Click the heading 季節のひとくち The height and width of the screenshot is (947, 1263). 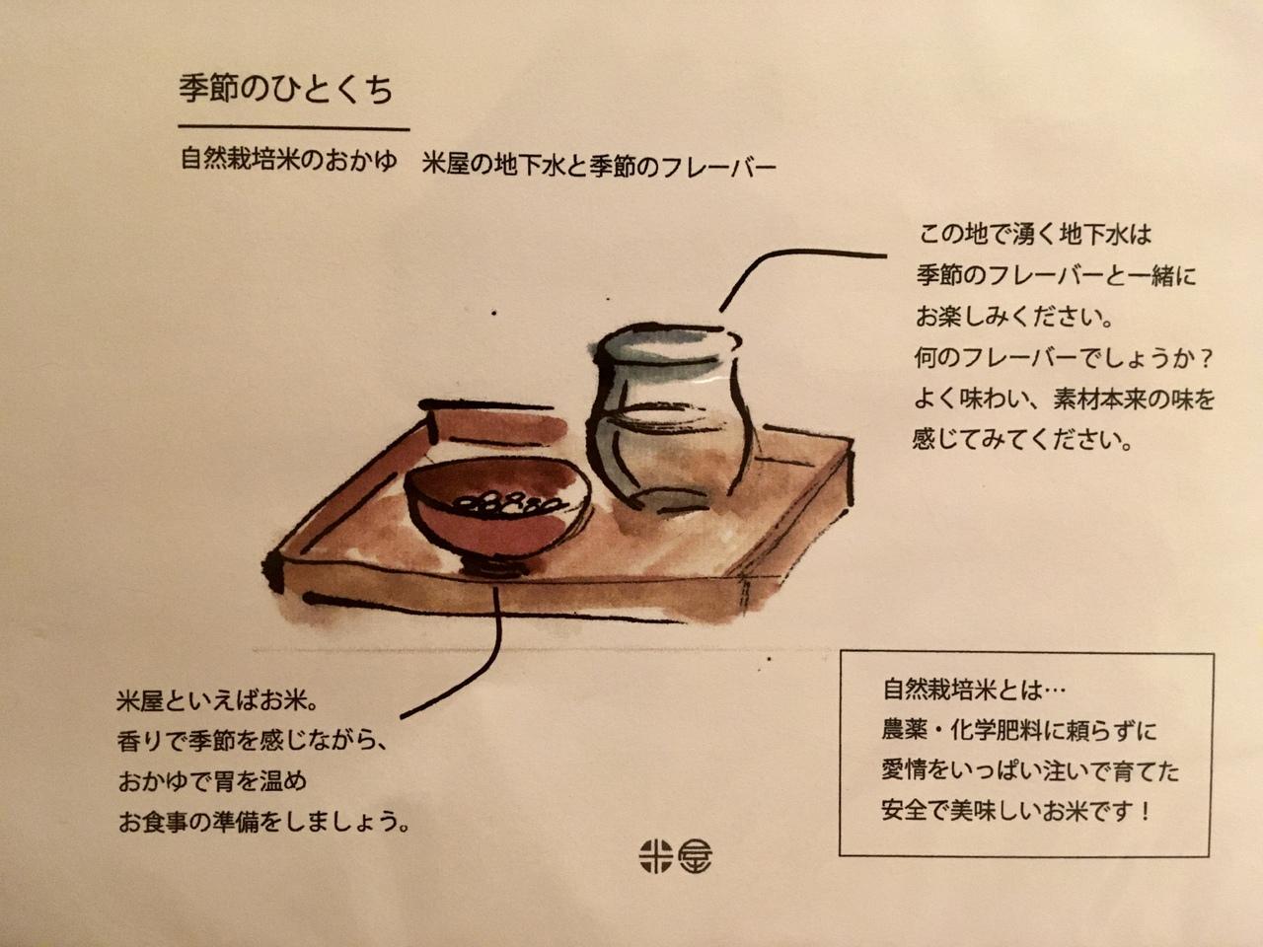point(286,90)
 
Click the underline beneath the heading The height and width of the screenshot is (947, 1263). point(293,127)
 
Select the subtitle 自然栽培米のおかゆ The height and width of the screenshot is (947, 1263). point(289,160)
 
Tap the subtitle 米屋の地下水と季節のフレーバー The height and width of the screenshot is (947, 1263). point(599,166)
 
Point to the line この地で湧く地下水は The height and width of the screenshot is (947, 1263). point(1034,235)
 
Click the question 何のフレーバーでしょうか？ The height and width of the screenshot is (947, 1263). point(1064,359)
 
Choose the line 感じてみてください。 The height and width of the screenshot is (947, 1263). point(1022,440)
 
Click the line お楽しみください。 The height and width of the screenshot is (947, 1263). point(1013,318)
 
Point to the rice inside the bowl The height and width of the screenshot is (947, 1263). point(505,505)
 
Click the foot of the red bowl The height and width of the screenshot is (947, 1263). point(495,568)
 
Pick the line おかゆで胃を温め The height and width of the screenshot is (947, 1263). point(213,781)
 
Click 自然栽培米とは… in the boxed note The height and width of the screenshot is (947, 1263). point(974,690)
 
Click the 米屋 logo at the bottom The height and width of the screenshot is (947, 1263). point(676,856)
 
